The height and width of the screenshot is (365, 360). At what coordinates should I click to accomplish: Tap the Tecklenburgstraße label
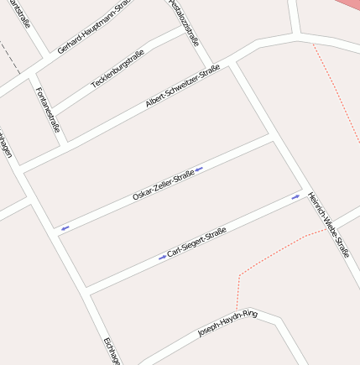[117, 70]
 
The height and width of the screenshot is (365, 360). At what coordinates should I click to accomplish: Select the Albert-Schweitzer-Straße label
[182, 86]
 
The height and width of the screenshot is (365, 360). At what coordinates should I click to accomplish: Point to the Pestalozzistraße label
[184, 22]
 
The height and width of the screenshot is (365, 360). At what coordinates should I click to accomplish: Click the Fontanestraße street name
[48, 110]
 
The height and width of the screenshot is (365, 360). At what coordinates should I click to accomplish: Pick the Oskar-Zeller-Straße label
[164, 185]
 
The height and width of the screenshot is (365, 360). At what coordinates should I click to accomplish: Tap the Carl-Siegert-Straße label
[196, 242]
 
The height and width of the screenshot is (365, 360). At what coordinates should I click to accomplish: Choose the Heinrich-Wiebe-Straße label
[328, 223]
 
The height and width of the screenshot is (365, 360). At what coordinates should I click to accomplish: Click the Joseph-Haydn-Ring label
[227, 324]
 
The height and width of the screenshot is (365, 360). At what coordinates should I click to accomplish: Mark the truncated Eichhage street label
[112, 351]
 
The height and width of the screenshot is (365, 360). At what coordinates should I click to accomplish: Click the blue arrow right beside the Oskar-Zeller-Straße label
[199, 169]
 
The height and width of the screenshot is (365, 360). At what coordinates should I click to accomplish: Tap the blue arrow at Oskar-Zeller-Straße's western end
[65, 227]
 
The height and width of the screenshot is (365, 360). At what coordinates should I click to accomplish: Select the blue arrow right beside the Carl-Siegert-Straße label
[162, 258]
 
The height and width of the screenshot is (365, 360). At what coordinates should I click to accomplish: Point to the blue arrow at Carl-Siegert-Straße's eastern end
[295, 197]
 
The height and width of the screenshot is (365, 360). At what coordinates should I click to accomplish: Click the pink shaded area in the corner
[346, 4]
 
